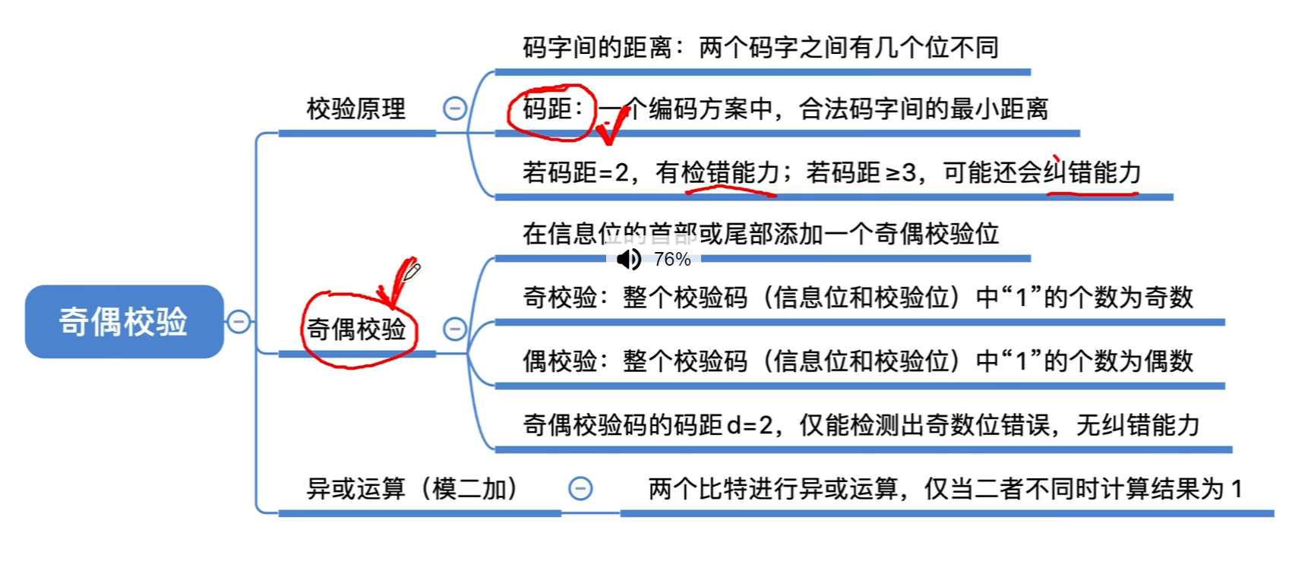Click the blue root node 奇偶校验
coord(124,321)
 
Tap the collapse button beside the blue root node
coord(239,322)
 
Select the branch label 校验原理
coord(356,109)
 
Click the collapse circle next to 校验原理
coord(455,109)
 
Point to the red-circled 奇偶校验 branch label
coord(356,329)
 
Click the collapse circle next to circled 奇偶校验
coord(455,329)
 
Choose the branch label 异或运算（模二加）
coord(413,489)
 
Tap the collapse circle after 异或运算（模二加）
coord(580,489)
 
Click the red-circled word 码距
coord(547,109)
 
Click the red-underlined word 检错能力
coord(731,173)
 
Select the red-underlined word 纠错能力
coord(1092,173)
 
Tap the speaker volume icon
coord(629,260)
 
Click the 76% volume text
coord(672,260)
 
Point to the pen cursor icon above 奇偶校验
coord(412,270)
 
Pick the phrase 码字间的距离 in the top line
coord(597,48)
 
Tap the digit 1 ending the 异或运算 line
coord(1237,489)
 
